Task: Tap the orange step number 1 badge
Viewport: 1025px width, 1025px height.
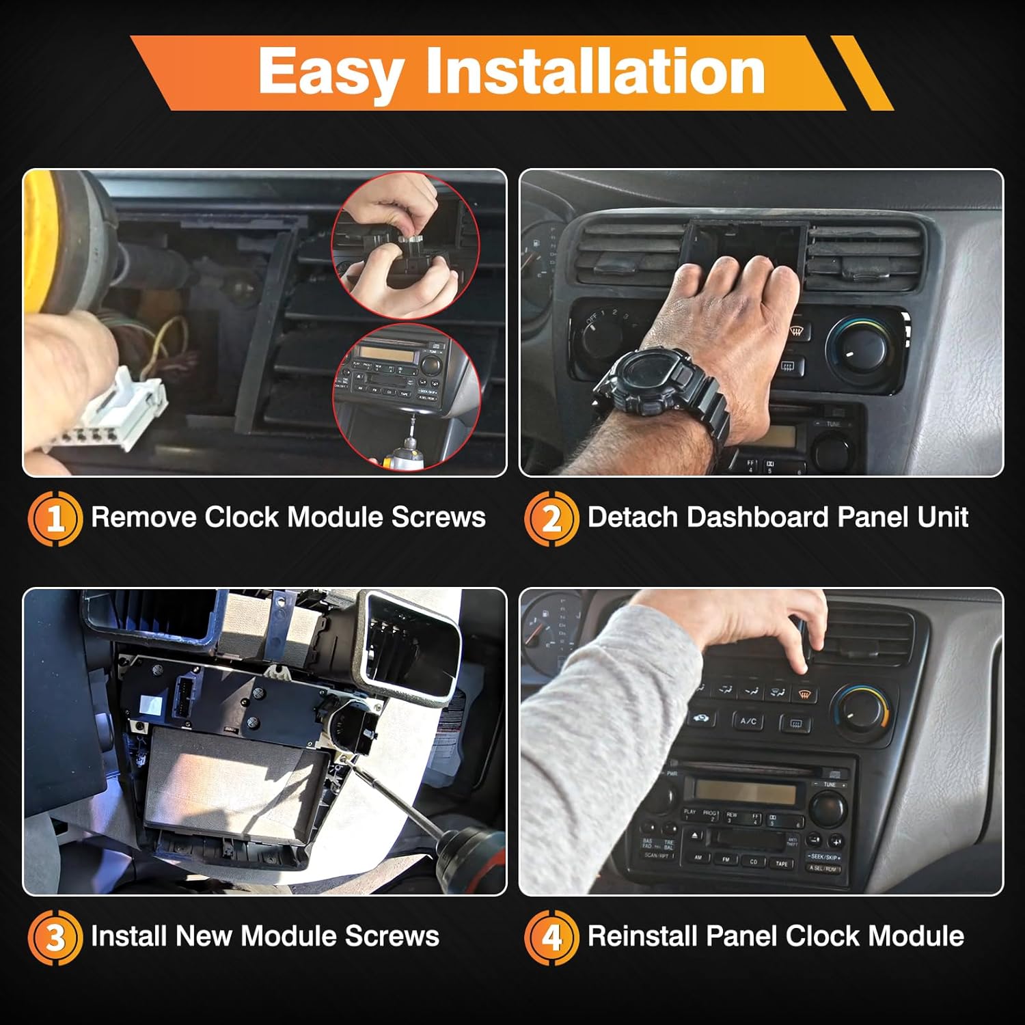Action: (x=55, y=518)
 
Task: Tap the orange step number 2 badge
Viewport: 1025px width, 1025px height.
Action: (x=551, y=518)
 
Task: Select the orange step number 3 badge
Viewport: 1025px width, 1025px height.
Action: (x=55, y=937)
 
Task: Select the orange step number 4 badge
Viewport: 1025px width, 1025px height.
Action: (x=551, y=937)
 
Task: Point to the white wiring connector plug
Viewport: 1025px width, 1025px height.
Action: (x=130, y=403)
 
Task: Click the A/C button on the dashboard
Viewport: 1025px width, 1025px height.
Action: (x=748, y=720)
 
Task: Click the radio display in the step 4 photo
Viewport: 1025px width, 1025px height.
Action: (x=745, y=793)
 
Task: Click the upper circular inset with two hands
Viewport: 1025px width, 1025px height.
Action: (x=403, y=246)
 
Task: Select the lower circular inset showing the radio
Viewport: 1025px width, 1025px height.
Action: (x=403, y=396)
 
